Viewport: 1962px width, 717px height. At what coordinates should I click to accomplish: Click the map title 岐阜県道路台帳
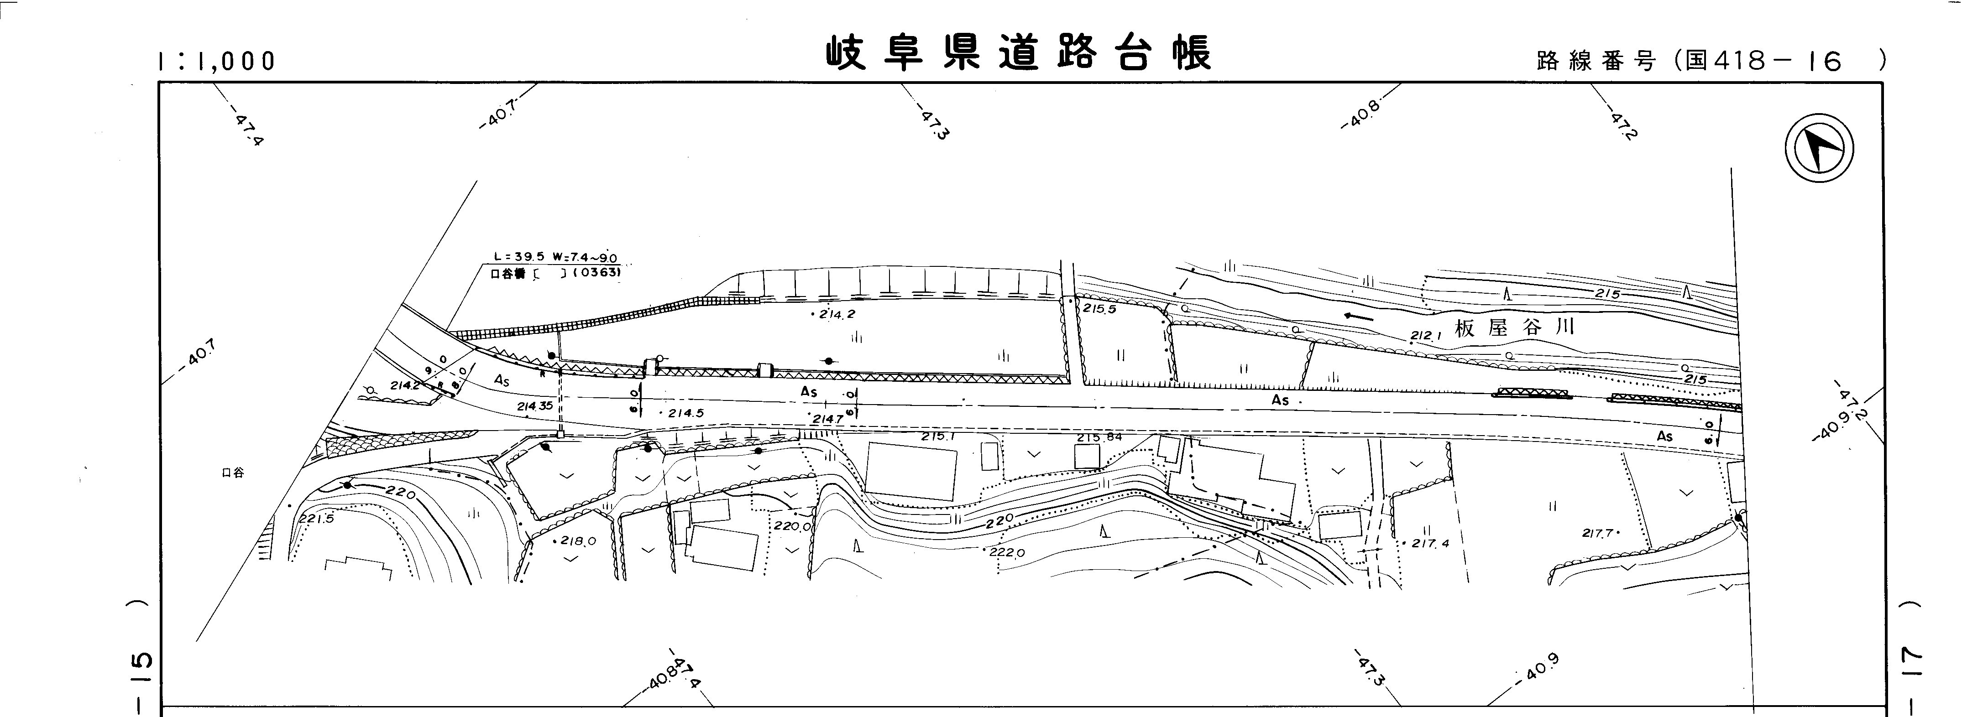pos(1018,53)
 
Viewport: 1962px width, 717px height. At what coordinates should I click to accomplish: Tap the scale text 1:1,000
pos(216,62)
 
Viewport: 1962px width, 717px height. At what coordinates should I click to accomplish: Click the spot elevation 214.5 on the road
pos(685,413)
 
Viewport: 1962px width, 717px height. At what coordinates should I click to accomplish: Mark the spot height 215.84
pos(1099,438)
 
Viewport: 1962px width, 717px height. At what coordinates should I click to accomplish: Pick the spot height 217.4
pos(1429,544)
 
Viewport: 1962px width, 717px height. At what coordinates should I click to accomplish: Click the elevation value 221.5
pos(316,519)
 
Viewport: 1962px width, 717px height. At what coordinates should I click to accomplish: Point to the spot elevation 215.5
pos(1099,310)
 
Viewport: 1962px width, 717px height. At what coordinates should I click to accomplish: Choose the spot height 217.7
pos(1597,534)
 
